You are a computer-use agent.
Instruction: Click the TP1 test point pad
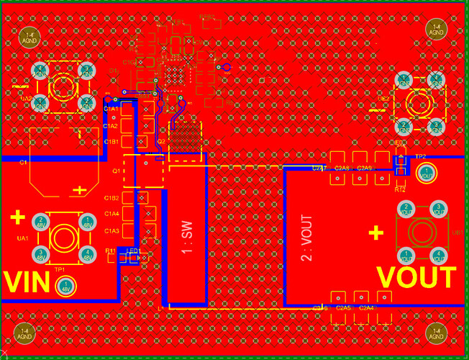click(65, 287)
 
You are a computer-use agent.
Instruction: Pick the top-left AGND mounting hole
click(31, 34)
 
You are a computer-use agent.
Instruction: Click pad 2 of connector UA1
click(42, 221)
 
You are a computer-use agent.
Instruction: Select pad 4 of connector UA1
click(87, 253)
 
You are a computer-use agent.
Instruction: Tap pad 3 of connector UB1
click(439, 210)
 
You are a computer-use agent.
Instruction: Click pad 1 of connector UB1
click(406, 254)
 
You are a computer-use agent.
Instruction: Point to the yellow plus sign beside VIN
click(18, 217)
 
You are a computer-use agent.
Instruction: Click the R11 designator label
click(111, 251)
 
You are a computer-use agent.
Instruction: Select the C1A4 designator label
click(111, 214)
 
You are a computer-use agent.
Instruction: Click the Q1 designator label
click(116, 171)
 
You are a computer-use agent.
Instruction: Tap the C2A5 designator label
click(345, 308)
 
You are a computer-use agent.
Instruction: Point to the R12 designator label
click(401, 189)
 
